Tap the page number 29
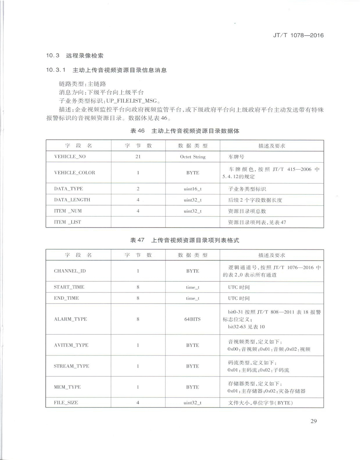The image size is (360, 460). tap(313, 422)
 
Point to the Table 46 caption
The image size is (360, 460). tap(185, 131)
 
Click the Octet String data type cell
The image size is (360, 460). tap(193, 157)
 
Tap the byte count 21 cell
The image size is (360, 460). tap(138, 157)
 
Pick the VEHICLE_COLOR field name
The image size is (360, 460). tap(74, 173)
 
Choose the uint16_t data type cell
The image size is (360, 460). tap(193, 189)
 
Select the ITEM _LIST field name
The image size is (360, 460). tap(67, 222)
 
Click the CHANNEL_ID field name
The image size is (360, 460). tap(70, 271)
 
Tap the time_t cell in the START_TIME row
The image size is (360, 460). tap(193, 287)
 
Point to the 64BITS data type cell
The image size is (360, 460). tap(193, 319)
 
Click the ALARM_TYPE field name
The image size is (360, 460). tap(70, 319)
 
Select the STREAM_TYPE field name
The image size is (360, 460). tap(71, 366)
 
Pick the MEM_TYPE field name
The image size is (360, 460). tap(67, 387)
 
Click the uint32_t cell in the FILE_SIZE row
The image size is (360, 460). tap(193, 402)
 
